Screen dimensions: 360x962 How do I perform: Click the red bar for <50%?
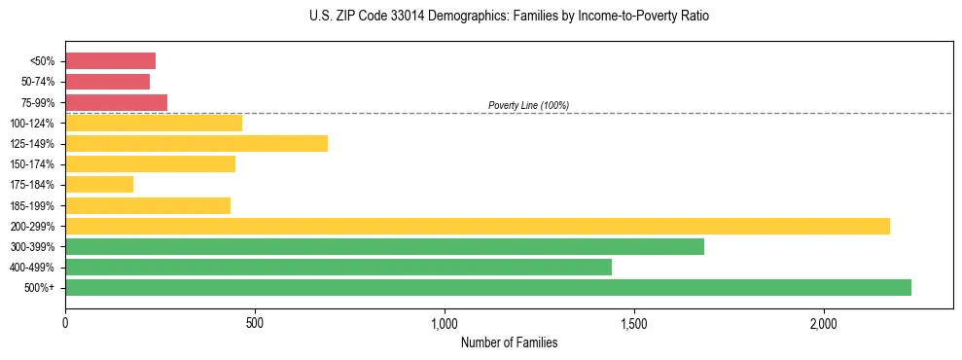(110, 61)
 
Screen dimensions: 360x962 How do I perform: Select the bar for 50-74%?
(107, 82)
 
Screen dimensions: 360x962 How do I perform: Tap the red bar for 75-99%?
(116, 102)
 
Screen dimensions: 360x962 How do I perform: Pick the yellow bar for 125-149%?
(196, 144)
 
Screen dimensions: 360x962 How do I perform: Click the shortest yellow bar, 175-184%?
(99, 185)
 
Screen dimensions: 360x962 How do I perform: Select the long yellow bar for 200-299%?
(478, 226)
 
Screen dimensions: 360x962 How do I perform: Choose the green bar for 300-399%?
(384, 246)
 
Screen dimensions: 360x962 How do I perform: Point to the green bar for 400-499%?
(338, 267)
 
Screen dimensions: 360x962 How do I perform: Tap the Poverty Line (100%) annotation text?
(528, 105)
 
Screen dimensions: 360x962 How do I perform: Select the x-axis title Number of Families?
(509, 342)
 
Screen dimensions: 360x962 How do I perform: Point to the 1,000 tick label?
(444, 323)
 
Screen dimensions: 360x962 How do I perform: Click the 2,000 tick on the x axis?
(823, 323)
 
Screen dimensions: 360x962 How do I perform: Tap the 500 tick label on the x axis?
(254, 323)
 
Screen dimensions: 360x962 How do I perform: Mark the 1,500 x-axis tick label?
(633, 323)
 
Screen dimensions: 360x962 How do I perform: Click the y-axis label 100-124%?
(32, 124)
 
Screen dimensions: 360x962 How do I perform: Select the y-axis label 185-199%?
(32, 205)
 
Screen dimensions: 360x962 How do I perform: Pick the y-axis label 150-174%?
(32, 164)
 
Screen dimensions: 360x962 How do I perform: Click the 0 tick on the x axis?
(65, 323)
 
